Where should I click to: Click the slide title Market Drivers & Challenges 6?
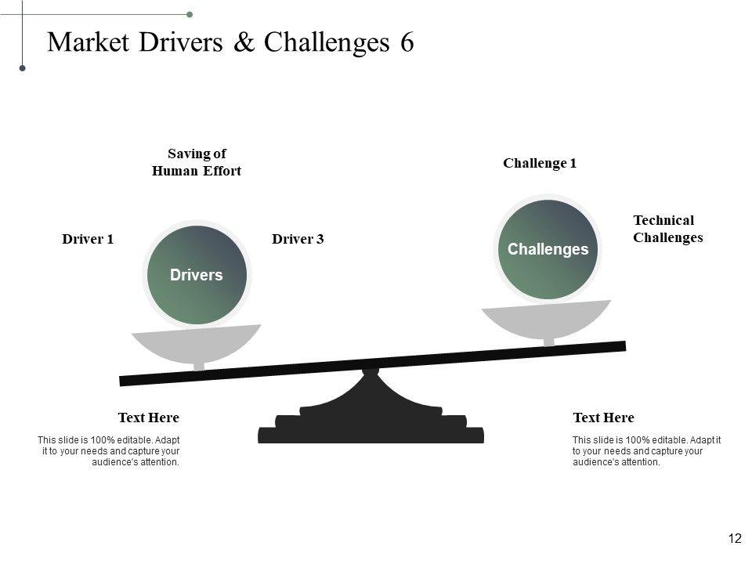230,42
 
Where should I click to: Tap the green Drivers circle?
196,275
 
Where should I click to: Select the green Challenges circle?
548,249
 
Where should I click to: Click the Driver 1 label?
88,240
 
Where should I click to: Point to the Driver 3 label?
298,240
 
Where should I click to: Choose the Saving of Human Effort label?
196,162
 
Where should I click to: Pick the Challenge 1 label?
540,163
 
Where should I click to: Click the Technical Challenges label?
667,229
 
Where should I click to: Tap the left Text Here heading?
148,418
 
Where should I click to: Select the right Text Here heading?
603,418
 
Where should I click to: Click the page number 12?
735,538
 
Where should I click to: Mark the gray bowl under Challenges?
546,320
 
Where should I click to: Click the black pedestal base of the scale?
371,427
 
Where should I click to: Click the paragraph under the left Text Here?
110,451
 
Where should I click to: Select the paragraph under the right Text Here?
645,451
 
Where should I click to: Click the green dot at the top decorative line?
190,14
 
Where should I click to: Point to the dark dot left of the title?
23,69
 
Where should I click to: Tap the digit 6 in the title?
407,42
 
